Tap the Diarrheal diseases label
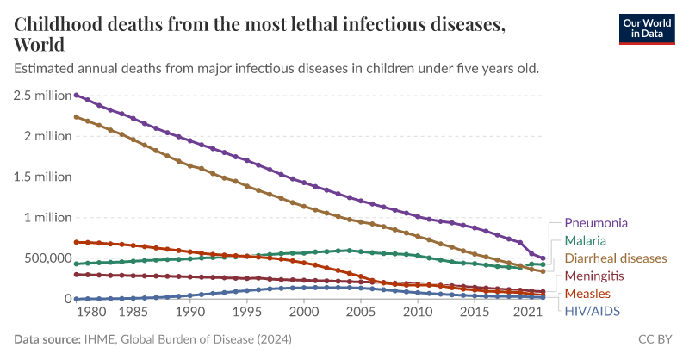(x=615, y=258)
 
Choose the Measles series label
(x=587, y=294)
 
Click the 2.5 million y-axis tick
(x=41, y=96)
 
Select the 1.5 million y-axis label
(x=41, y=177)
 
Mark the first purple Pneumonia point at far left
(x=77, y=95)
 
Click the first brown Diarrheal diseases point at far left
(x=77, y=117)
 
